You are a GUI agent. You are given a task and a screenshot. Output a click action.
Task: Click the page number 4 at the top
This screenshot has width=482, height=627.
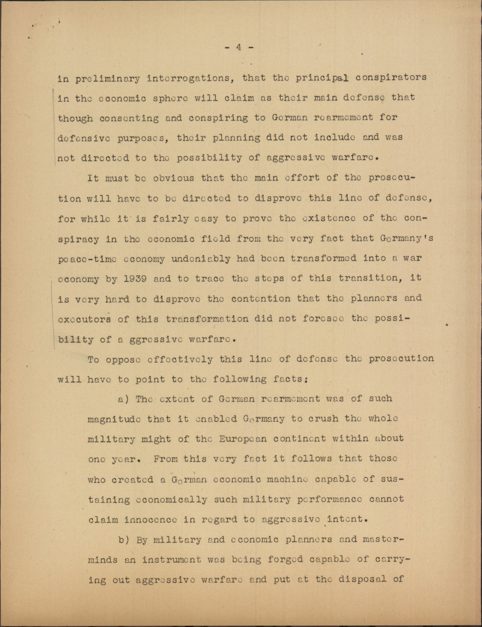[239, 47]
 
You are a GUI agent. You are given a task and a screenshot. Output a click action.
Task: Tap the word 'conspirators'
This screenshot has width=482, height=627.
[391, 78]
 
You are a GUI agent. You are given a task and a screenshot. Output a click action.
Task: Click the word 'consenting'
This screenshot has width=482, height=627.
[129, 118]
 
